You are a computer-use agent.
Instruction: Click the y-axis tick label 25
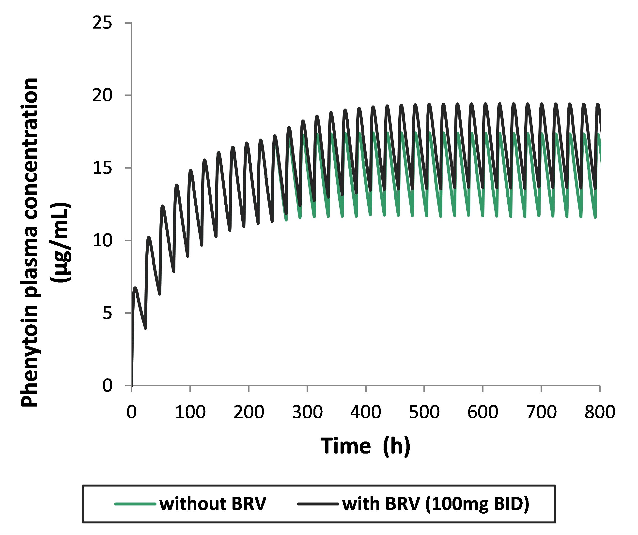click(x=102, y=23)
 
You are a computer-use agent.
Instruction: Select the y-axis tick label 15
click(x=102, y=167)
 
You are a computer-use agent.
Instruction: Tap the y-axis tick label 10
click(x=102, y=240)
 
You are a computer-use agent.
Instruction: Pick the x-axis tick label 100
click(x=190, y=412)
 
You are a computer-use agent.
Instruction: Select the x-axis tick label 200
click(x=249, y=412)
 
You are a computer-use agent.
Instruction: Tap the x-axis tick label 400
click(x=366, y=412)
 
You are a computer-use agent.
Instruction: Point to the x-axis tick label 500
click(x=424, y=412)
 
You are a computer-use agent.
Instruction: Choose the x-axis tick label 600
click(x=483, y=412)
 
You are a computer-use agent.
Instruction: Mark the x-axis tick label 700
click(x=541, y=412)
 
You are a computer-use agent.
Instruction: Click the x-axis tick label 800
click(x=600, y=412)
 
